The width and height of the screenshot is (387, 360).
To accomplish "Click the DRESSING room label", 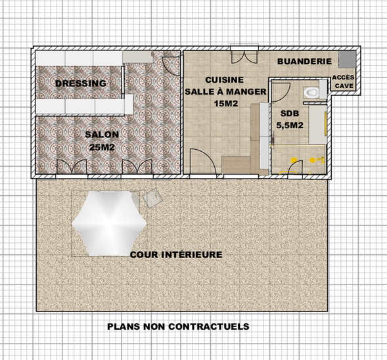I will (x=81, y=83).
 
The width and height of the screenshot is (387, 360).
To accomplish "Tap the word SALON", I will (x=102, y=135).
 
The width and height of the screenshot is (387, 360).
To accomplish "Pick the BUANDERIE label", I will (x=304, y=61).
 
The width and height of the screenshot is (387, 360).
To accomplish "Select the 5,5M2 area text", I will (x=289, y=124).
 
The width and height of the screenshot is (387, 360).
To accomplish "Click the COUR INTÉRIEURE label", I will (x=176, y=254).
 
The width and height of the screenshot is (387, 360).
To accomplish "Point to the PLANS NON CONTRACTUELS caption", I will (x=178, y=326).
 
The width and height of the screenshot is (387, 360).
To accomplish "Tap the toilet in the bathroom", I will (x=311, y=91).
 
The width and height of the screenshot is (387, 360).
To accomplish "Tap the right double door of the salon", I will (x=145, y=168).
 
